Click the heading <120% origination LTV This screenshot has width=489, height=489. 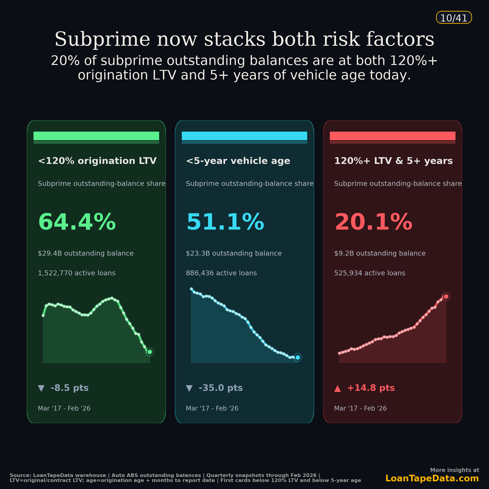coord(97,161)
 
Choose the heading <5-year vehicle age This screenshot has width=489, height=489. coord(238,161)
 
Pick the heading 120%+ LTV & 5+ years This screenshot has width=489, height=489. coord(393,161)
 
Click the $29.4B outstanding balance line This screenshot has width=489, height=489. coord(86,253)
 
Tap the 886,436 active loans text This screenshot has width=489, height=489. coord(221,273)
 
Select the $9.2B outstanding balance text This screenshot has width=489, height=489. coord(380,253)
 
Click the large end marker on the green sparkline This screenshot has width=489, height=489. coord(150,352)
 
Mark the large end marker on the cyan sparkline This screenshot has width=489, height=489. coord(298,357)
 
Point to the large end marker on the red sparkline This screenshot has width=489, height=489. coord(446,296)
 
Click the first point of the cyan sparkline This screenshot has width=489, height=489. coord(191,289)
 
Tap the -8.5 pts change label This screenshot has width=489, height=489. coord(70,388)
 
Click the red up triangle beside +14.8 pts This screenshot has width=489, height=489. coord(337,388)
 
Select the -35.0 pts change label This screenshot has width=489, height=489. coord(221,388)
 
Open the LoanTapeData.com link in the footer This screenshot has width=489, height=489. coord(432,478)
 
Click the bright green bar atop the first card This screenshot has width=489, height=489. coord(96,136)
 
